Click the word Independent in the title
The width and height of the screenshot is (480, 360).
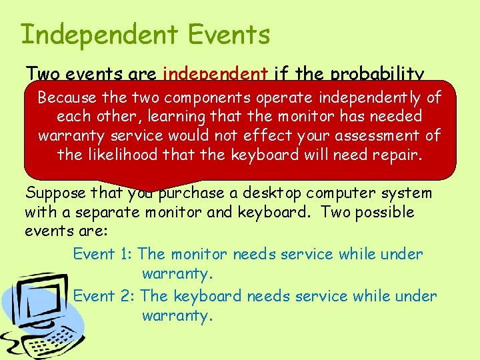pos(99,35)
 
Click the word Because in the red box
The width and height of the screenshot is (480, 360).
pos(66,98)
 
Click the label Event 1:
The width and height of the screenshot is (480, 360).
pos(103,254)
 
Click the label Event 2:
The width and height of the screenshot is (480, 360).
pos(104,296)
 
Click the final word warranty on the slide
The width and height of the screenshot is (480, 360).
pos(177,315)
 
